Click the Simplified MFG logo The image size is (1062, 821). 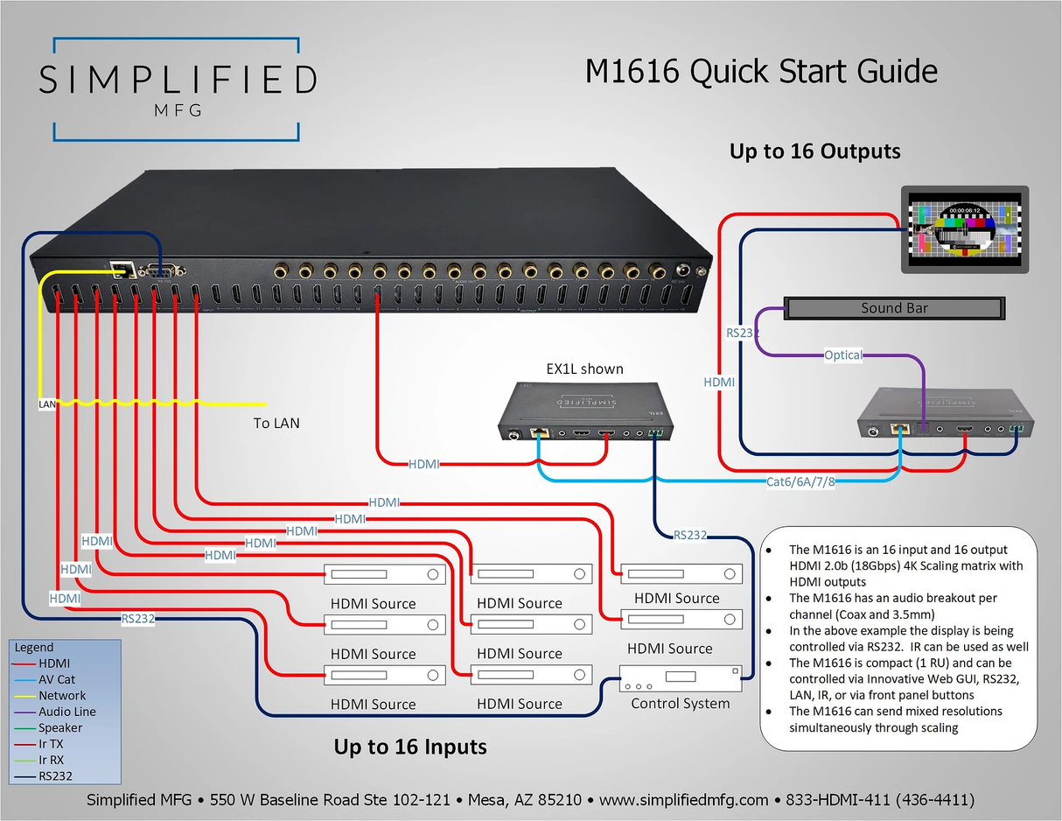click(176, 88)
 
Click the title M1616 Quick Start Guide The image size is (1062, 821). click(761, 72)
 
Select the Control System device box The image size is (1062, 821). click(680, 677)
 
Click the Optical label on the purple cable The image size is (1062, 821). click(842, 355)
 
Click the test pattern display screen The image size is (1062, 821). click(963, 231)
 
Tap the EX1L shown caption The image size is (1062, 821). click(585, 368)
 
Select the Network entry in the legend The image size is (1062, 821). click(61, 696)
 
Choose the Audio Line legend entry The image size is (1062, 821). click(66, 712)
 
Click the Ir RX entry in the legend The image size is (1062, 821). click(51, 760)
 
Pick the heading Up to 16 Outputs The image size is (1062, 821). click(814, 151)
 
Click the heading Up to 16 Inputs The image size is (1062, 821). click(409, 747)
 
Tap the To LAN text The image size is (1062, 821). click(276, 423)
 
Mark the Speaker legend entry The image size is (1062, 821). click(59, 727)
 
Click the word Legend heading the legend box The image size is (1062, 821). click(35, 648)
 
